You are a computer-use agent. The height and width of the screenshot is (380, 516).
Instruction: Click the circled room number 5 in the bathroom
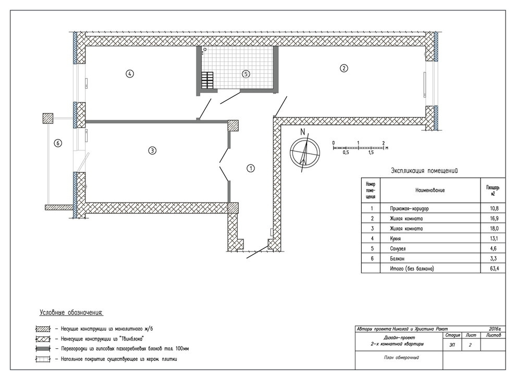[x=246, y=74]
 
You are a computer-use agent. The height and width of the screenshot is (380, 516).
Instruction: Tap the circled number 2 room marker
[x=343, y=68]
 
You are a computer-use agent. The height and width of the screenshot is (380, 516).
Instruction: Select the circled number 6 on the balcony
[x=57, y=143]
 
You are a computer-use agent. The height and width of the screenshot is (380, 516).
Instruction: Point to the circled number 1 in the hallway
[x=251, y=168]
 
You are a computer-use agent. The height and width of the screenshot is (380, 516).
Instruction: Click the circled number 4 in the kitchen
[x=130, y=73]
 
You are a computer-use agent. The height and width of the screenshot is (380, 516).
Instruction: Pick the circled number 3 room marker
[x=152, y=150]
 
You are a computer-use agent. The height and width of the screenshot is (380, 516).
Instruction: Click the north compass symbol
[x=305, y=152]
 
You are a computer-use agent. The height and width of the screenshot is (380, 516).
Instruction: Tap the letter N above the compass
[x=303, y=132]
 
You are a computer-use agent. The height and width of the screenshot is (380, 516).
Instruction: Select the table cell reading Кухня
[x=395, y=238]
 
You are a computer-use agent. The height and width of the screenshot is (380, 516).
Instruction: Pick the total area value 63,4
[x=494, y=269]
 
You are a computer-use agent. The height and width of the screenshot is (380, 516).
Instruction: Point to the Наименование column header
[x=430, y=190]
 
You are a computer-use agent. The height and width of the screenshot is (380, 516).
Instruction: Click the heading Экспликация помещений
[x=424, y=171]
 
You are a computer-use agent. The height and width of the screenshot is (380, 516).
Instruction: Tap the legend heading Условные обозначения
[x=71, y=313]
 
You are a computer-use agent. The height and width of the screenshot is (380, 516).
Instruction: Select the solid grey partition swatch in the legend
[x=43, y=349]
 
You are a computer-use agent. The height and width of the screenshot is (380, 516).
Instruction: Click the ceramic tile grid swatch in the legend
[x=43, y=359]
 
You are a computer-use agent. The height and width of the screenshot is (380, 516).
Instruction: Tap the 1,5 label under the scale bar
[x=371, y=153]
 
